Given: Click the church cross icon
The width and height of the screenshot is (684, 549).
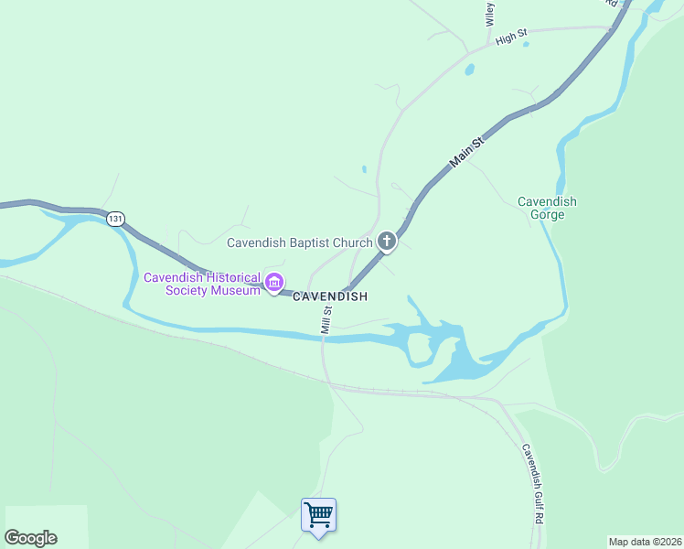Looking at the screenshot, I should [x=387, y=242].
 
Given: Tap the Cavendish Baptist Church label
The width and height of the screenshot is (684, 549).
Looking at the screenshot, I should [x=299, y=242].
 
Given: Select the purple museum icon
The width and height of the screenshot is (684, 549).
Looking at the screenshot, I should [x=273, y=284].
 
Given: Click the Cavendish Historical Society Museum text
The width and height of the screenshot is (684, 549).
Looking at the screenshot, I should [x=201, y=284].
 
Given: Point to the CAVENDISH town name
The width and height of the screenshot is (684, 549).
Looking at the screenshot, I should [x=330, y=296].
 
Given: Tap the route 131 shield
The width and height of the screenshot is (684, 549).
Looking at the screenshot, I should [x=114, y=219].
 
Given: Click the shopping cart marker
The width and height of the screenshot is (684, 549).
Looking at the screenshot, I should [x=318, y=515].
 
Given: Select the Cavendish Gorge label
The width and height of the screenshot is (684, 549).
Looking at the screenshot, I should [x=547, y=208].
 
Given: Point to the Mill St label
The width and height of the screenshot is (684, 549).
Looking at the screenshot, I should [x=326, y=319].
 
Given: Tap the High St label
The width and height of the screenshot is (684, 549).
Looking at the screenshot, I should [x=511, y=38].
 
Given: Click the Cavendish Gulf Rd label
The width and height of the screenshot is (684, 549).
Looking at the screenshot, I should [x=533, y=483].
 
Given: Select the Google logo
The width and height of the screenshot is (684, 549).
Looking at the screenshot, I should [x=30, y=538].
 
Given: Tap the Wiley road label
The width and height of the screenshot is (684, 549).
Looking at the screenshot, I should [x=490, y=13].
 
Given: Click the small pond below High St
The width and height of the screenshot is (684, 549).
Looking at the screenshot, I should [x=469, y=69].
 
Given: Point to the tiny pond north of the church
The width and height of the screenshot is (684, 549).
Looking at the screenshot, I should [x=364, y=168].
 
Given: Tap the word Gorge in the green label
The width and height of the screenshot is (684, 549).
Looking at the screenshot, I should [x=547, y=215].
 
